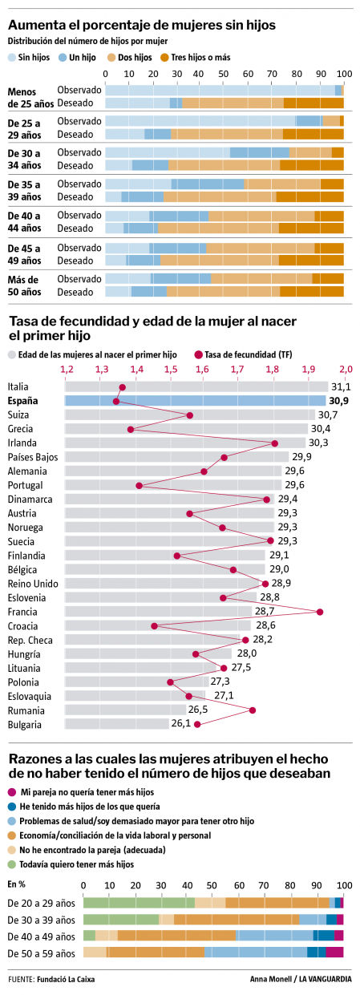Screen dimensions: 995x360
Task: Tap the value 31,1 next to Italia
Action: point(341,386)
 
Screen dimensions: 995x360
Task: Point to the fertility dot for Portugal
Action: point(140,485)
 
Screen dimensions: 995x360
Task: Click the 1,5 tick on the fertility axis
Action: point(170,369)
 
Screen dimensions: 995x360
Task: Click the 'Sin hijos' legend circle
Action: point(12,58)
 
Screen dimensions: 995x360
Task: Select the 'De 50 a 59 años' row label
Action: point(40,953)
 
